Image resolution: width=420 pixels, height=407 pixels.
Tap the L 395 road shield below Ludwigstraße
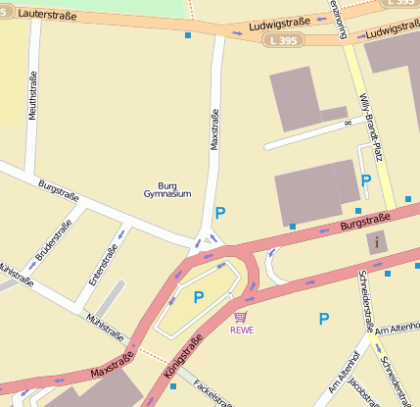click(x=283, y=40)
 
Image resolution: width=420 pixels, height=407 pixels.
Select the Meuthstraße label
click(x=33, y=95)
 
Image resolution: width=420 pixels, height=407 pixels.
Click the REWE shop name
click(x=241, y=331)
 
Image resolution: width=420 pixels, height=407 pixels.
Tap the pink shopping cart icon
click(x=241, y=317)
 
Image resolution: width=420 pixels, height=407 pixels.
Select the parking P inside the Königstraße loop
click(x=199, y=297)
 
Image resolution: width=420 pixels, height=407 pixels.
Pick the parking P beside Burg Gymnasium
click(x=220, y=213)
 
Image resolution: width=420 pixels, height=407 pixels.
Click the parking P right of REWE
click(x=323, y=318)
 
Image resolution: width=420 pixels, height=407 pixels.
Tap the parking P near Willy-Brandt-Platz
click(x=365, y=180)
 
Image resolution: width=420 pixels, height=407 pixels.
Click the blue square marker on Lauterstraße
click(x=188, y=35)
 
